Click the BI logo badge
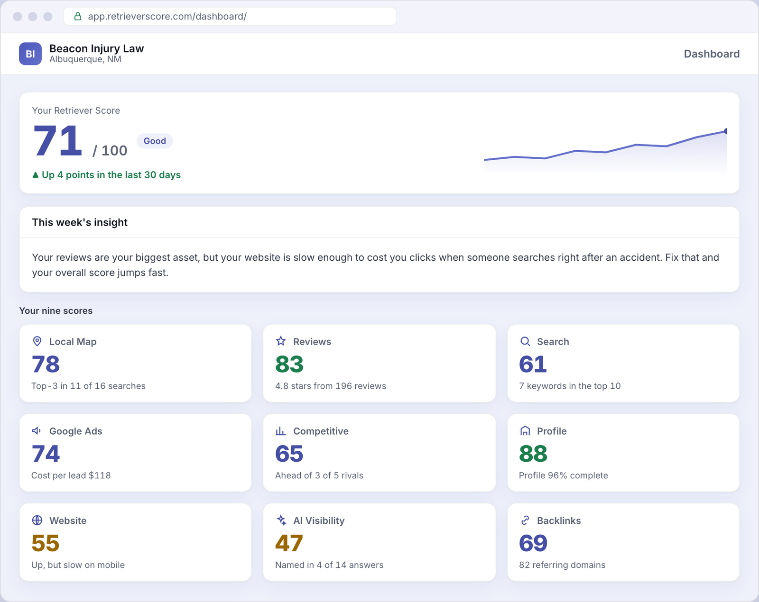(30, 54)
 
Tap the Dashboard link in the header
(712, 54)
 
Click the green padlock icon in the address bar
(78, 16)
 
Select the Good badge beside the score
(155, 141)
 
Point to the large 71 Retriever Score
(57, 141)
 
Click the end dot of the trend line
(726, 131)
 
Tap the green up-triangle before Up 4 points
(35, 175)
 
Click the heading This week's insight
(80, 222)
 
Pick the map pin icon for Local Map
(37, 341)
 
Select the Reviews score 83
(289, 364)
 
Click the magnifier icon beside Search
(525, 341)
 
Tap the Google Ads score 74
(46, 454)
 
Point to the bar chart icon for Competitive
(281, 431)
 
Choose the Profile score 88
(533, 454)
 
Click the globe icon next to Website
(37, 520)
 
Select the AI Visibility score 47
(289, 543)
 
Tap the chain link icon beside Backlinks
(525, 520)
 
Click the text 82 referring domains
(562, 565)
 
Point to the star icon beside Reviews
(281, 341)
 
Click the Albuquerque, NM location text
(85, 59)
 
